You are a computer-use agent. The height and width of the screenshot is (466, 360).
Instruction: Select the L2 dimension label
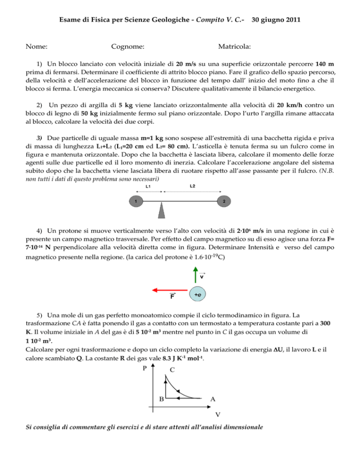(193, 186)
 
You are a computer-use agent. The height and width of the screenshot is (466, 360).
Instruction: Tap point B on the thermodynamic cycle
(161, 399)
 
